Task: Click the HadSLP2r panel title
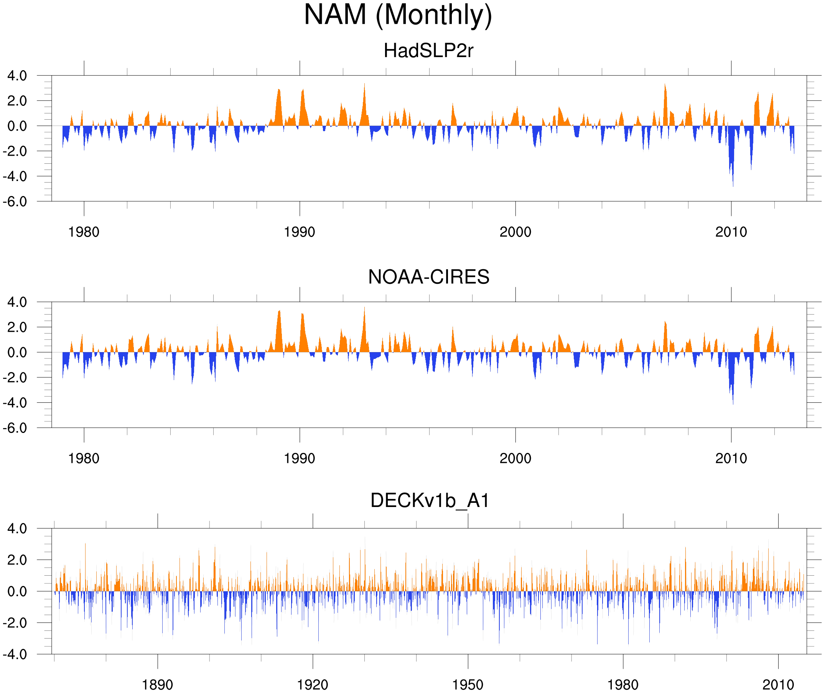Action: point(428,51)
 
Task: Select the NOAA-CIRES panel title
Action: point(428,277)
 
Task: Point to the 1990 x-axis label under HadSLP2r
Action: point(300,232)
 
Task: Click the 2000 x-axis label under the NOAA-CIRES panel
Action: point(515,458)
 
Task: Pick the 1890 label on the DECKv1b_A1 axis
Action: point(157,685)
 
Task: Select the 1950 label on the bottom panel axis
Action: point(468,685)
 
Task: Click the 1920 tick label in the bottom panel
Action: point(312,685)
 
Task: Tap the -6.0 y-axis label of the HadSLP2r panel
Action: point(15,202)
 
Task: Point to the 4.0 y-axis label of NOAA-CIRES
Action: point(17,302)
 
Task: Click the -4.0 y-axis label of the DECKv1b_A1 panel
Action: point(15,655)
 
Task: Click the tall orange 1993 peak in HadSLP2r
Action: point(365,84)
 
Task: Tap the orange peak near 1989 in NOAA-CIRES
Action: point(279,311)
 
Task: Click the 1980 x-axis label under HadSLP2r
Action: point(84,232)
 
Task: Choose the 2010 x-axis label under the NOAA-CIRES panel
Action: point(731,458)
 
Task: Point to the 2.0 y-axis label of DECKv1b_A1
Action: point(17,560)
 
